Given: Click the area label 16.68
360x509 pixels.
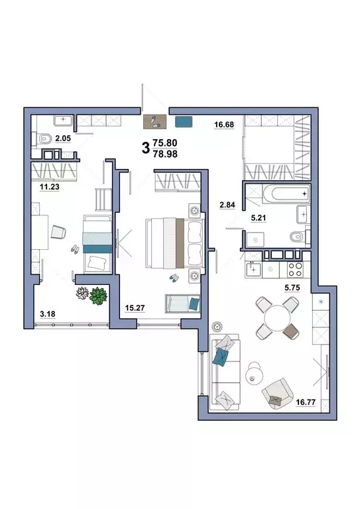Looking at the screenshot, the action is pos(224,125).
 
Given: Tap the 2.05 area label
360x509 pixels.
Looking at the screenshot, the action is pos(63,139).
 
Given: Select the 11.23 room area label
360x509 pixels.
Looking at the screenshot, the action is pos(49,187).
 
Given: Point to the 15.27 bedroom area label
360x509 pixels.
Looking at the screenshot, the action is pos(135,308).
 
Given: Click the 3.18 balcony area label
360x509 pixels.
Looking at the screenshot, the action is pos(47,314).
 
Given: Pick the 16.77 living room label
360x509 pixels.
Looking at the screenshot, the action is pos(306,402).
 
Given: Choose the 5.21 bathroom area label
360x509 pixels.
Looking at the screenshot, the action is pos(259,218).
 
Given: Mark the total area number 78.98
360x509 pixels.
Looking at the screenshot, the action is pos(165,154).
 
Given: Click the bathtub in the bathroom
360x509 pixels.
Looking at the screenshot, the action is pos(286,194).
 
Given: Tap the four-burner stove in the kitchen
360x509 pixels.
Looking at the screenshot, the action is pos(295,269).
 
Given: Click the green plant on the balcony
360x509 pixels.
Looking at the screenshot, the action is pos(98,296).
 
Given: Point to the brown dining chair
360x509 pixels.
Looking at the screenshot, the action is pos(290,331).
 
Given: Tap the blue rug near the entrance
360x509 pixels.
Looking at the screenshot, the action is pos(184,122).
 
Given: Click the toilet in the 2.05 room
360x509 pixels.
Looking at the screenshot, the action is pos(45,139).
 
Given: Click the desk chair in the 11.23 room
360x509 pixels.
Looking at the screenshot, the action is pos(58,232).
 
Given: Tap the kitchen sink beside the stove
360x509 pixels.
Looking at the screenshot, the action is pos(253,269).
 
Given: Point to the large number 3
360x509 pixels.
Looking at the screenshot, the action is pos(146,148).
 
